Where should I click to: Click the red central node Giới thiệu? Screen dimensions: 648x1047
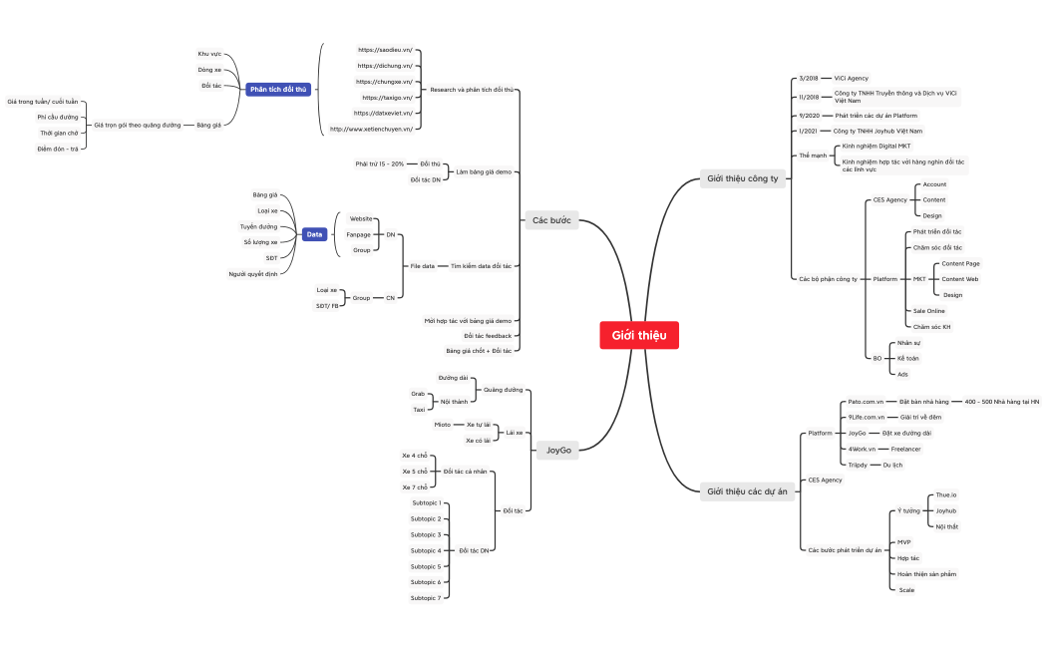tap(639, 336)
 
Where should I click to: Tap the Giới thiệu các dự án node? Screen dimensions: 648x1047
tap(747, 491)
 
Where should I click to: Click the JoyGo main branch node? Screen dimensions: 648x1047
tap(558, 451)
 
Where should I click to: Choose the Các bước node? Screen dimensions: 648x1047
tap(551, 220)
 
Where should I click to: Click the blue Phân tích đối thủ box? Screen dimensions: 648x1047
tap(278, 89)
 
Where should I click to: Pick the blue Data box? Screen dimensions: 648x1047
tap(315, 234)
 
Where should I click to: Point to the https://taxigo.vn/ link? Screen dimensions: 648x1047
tap(387, 98)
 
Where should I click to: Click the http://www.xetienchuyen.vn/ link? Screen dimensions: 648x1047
tap(371, 130)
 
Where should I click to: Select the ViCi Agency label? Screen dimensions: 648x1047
tap(851, 78)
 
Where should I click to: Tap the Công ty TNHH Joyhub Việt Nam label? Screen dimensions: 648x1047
tap(877, 131)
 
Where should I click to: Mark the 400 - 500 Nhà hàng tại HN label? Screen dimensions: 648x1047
tap(1001, 402)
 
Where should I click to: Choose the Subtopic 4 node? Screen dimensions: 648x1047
tap(426, 550)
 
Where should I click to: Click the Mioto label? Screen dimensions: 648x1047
tap(443, 425)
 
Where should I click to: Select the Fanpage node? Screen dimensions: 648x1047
tap(358, 234)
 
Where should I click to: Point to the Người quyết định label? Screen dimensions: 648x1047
tap(252, 273)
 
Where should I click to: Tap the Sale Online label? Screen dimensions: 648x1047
tap(928, 311)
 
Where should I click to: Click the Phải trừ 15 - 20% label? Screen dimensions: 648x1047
tap(379, 163)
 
